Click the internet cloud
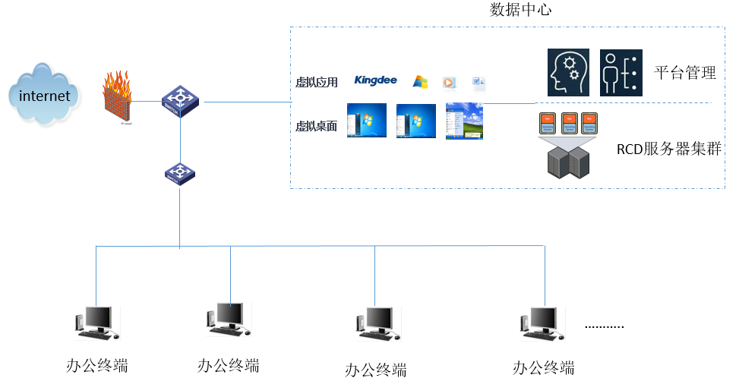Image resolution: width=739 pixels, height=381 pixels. pyautogui.click(x=44, y=96)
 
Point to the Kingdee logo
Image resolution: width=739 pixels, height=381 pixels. pyautogui.click(x=375, y=80)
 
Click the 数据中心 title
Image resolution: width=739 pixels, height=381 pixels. pyautogui.click(x=521, y=11)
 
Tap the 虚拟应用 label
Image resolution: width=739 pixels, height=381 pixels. pyautogui.click(x=316, y=82)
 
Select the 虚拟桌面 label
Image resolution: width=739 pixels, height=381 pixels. pyautogui.click(x=316, y=127)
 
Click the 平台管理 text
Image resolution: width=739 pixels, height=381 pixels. pyautogui.click(x=685, y=74)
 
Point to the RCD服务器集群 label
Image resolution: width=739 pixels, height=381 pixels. pyautogui.click(x=668, y=150)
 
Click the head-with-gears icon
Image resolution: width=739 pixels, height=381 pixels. pyautogui.click(x=568, y=74)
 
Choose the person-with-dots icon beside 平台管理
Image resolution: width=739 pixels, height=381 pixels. pyautogui.click(x=621, y=74)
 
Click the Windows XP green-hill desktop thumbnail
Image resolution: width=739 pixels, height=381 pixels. pyautogui.click(x=464, y=121)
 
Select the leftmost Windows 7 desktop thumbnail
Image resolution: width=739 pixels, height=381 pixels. pyautogui.click(x=366, y=121)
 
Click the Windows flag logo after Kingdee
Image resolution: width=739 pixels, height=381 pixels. pyautogui.click(x=420, y=81)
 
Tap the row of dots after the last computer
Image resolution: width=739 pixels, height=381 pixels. pyautogui.click(x=605, y=326)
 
